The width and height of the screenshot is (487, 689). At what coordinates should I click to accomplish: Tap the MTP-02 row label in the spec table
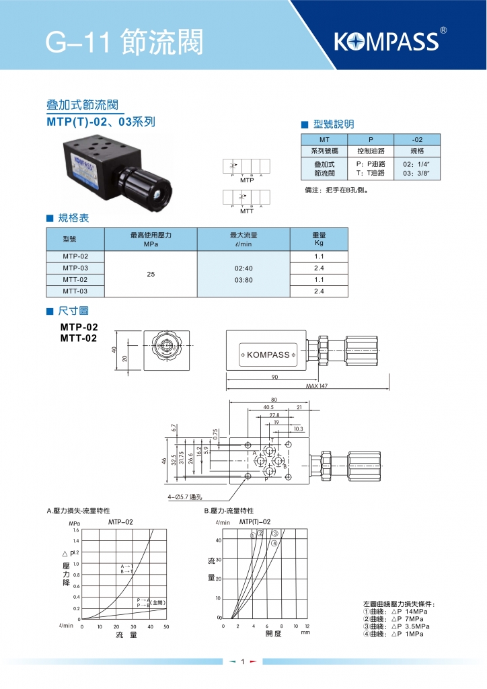75,256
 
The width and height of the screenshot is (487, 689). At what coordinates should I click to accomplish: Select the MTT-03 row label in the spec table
75,291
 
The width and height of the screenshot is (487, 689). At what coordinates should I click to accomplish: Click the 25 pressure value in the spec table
151,274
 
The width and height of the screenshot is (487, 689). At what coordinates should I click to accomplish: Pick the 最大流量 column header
243,240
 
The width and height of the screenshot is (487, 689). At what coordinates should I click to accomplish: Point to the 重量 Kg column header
319,240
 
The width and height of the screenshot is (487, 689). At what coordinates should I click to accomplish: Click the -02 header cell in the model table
417,139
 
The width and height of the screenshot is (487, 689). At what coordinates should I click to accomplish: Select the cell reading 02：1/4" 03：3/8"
416,168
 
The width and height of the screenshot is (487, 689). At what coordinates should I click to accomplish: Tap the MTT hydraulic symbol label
247,211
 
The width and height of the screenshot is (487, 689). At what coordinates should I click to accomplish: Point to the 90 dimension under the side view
274,377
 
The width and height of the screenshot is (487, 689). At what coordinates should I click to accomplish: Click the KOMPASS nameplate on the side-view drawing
267,355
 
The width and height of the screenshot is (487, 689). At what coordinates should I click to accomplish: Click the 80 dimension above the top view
274,400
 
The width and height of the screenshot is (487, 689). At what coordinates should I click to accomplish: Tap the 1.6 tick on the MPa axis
75,530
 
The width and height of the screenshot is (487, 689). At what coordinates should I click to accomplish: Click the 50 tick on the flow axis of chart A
166,626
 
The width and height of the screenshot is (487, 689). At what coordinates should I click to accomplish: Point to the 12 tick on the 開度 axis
307,626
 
